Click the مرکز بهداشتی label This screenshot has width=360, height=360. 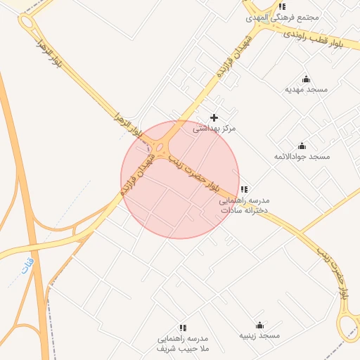(x=214, y=129)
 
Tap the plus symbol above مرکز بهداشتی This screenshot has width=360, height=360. (x=214, y=117)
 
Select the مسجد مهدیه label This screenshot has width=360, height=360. (x=306, y=89)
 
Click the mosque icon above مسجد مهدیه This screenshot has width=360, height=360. (x=306, y=79)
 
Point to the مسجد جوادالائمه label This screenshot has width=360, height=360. (x=302, y=156)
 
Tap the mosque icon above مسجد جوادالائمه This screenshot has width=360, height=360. (x=302, y=146)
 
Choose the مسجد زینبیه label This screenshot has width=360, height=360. (x=259, y=335)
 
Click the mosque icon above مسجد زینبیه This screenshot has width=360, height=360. (x=259, y=325)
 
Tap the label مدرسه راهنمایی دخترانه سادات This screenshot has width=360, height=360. (x=243, y=205)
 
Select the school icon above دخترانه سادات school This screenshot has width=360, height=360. (x=243, y=189)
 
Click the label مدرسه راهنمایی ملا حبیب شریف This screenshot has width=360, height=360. (x=184, y=343)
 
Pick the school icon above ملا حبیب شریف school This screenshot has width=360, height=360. (x=184, y=328)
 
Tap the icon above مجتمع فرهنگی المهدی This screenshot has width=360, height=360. (x=283, y=6)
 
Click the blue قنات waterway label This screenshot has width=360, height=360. (x=28, y=266)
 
